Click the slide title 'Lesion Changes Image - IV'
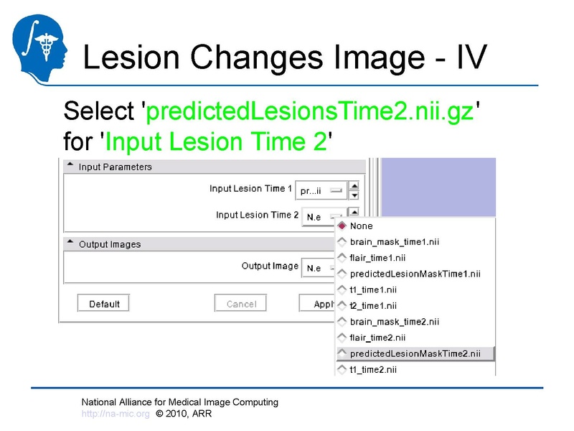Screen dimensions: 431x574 [x=285, y=57]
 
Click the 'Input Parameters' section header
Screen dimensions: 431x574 [x=115, y=167]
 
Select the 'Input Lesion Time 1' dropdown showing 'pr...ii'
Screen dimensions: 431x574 [x=320, y=190]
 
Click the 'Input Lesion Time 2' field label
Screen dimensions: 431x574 [x=257, y=215]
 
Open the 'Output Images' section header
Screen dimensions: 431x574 [x=109, y=244]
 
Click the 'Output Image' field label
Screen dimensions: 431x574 [x=270, y=266]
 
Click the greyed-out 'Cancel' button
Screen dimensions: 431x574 [x=241, y=304]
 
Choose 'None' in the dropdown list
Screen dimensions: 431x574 [x=361, y=226]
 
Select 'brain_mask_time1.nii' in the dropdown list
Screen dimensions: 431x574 [x=394, y=242]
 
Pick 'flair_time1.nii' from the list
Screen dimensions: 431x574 [x=378, y=258]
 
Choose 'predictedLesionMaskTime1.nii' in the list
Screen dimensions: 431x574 [x=415, y=274]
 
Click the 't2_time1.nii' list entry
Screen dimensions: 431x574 [x=373, y=305]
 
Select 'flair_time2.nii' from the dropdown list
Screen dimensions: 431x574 [x=378, y=337]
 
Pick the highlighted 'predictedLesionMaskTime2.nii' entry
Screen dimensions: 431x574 [x=415, y=353]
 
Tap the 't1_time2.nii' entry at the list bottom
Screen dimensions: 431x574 [x=373, y=369]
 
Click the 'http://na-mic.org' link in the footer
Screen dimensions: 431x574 [x=116, y=414]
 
